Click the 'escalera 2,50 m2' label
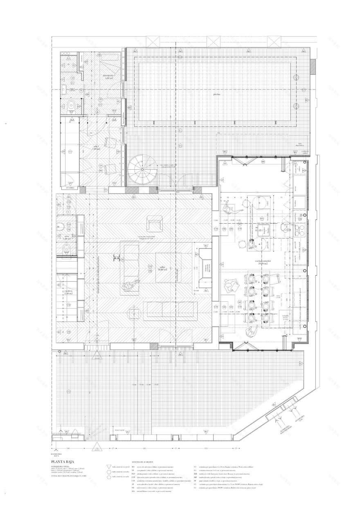pyautogui.click(x=68, y=292)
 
